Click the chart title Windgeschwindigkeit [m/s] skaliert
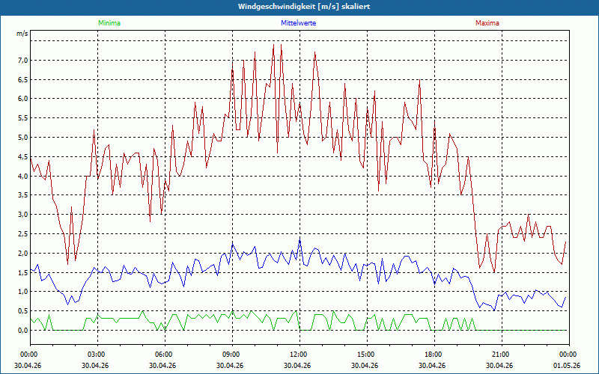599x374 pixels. click(x=304, y=7)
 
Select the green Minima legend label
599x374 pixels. click(x=109, y=23)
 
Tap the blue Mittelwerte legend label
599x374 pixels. click(x=298, y=23)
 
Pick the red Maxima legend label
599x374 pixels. click(x=487, y=23)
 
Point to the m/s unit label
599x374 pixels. click(x=22, y=34)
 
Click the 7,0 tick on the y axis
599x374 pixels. click(x=23, y=61)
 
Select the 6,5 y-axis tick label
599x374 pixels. click(x=23, y=80)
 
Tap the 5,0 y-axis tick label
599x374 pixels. click(x=23, y=138)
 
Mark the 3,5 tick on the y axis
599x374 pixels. click(x=23, y=195)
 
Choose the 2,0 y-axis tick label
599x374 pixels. click(x=23, y=253)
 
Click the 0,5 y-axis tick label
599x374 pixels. click(x=23, y=310)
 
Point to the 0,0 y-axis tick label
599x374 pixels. click(x=23, y=330)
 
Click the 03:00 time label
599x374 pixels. click(x=97, y=355)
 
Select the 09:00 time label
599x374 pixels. click(x=232, y=355)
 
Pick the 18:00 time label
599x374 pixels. click(x=434, y=355)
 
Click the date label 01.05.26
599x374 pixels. click(x=567, y=365)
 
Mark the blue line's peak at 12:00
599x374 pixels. click(x=300, y=238)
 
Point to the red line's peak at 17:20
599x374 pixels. click(x=419, y=80)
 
